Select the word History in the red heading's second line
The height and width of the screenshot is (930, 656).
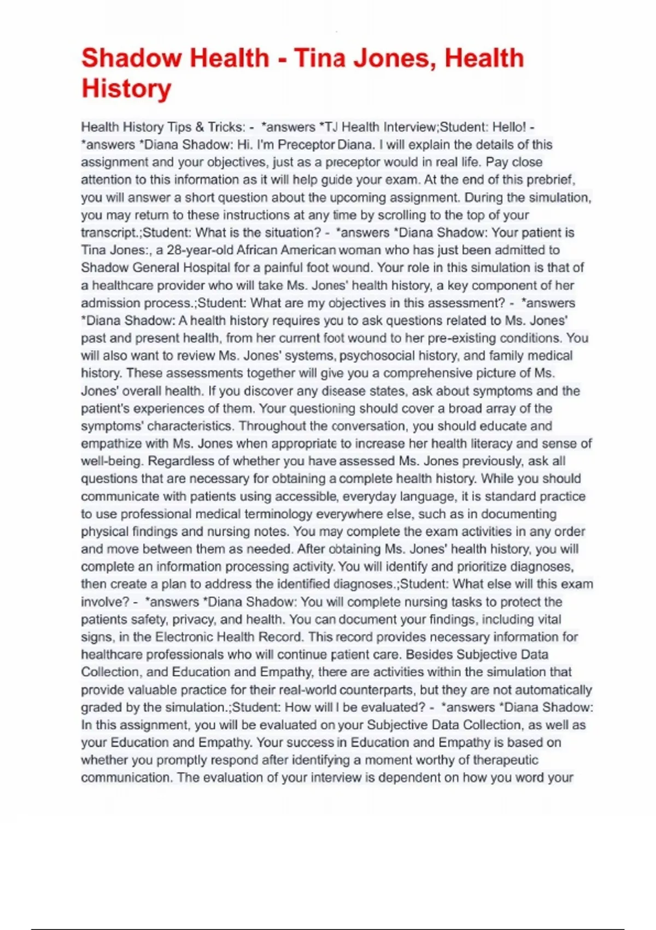click(x=126, y=89)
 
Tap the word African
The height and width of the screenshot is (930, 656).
click(x=261, y=250)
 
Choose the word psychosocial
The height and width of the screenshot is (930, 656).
click(x=377, y=356)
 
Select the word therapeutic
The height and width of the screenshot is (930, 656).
click(x=505, y=760)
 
